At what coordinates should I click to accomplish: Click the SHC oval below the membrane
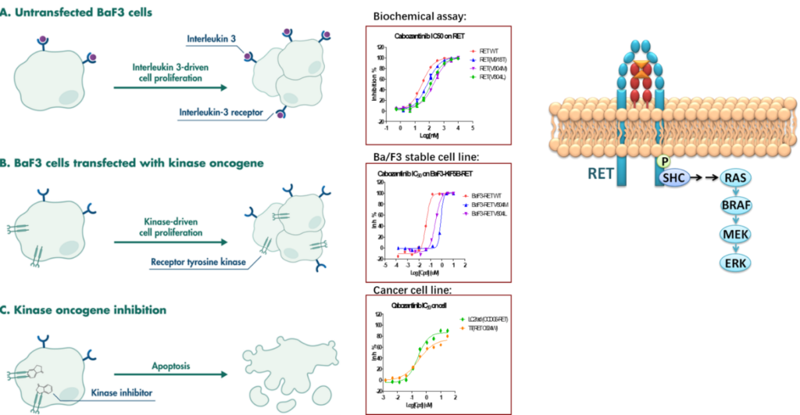(x=673, y=178)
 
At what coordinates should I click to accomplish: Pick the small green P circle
(x=664, y=160)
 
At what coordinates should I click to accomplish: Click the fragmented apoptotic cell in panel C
(x=282, y=368)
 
